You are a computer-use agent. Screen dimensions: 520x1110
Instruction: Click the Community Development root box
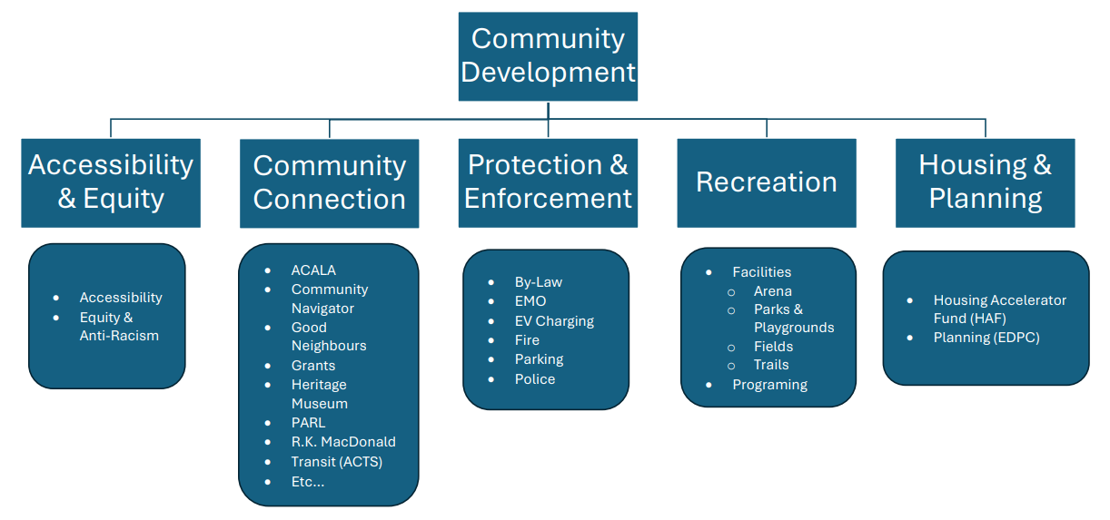548,55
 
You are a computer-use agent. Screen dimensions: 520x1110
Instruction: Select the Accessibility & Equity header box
111,182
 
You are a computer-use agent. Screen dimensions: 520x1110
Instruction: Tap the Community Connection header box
329,182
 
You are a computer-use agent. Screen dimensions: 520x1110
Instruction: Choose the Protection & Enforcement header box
548,182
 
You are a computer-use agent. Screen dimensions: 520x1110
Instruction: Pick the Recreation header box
766,182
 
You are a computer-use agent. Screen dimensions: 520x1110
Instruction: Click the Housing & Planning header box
985,182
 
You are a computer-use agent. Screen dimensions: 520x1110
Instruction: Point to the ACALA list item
313,270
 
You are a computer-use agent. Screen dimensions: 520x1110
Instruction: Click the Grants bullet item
313,365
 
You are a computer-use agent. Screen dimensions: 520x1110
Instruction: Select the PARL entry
308,422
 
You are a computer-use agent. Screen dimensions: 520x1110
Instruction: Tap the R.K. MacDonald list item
343,442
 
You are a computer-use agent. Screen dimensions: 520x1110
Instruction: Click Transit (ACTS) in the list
336,462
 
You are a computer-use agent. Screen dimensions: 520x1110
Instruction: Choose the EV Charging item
554,320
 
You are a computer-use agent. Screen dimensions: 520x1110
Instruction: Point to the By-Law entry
539,281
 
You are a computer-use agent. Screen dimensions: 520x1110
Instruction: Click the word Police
535,378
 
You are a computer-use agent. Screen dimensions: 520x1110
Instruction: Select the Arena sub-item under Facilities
773,291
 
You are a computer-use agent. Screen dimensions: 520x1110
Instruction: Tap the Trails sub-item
771,365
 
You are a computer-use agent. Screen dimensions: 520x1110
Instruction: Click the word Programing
769,384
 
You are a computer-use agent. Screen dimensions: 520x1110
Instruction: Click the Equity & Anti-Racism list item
119,327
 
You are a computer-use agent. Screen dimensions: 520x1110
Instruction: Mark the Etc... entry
308,481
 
